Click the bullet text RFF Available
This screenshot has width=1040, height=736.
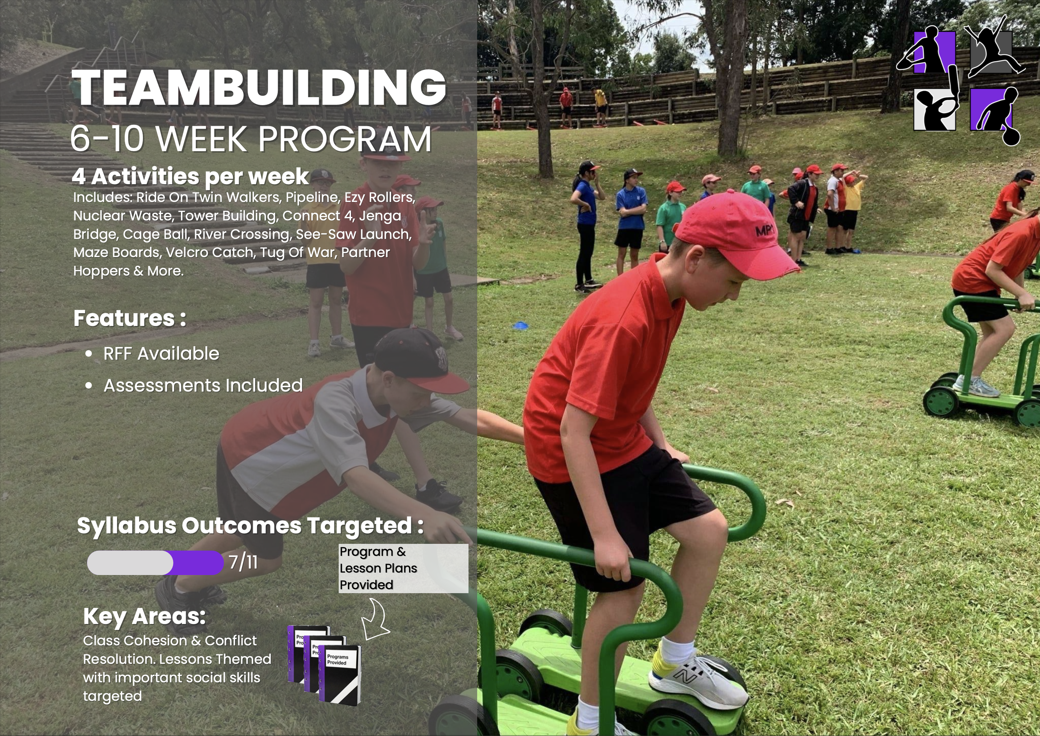161,353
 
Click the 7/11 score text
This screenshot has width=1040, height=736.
243,562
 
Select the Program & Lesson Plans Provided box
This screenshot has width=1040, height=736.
403,568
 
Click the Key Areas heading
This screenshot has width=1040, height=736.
145,617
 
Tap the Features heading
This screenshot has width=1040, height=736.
129,318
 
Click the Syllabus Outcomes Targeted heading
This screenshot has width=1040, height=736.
250,526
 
